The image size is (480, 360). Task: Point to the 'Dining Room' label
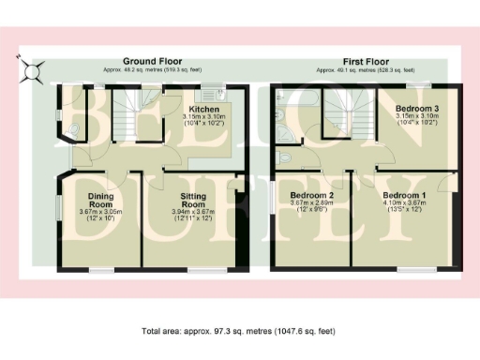(100, 201)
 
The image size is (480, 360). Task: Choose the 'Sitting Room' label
(193, 200)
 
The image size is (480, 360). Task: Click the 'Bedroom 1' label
(404, 194)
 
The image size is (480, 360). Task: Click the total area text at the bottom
(239, 332)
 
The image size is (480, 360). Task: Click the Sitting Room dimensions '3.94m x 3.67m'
(193, 213)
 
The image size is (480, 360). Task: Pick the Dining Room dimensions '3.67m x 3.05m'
(100, 213)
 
